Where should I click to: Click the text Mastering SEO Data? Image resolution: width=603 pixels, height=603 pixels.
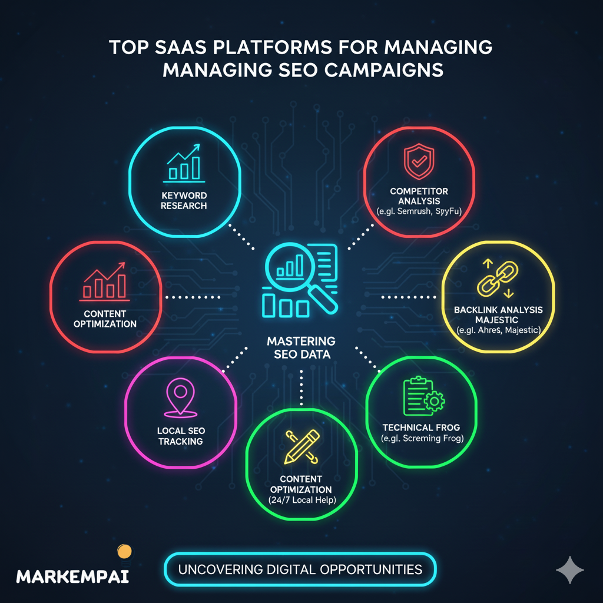tap(301, 347)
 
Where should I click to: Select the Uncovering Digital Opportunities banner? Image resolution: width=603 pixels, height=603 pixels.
tap(300, 569)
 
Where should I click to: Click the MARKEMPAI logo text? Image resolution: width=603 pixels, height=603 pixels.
tap(72, 576)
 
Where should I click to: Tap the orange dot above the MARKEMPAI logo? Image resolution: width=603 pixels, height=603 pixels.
tap(124, 551)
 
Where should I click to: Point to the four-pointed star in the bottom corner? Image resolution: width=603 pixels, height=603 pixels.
tap(570, 569)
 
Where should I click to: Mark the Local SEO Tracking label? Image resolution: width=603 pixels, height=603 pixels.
tap(180, 436)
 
